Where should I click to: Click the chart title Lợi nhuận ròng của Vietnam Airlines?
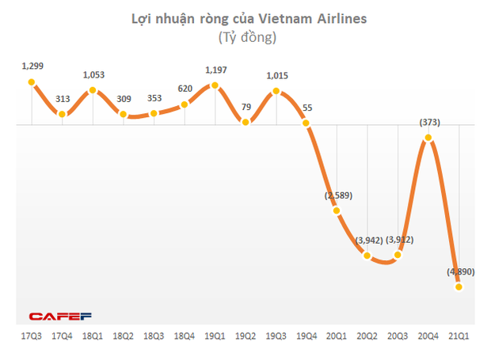249,18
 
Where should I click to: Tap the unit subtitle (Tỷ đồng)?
248,37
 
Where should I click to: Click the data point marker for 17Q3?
31,81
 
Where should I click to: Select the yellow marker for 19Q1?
215,85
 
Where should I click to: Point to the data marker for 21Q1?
459,287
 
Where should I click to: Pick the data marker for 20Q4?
428,138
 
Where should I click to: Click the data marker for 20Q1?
337,210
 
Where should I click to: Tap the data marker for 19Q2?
246,123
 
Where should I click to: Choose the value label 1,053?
94,74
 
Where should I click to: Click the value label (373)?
428,123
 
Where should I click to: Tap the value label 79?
247,108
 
